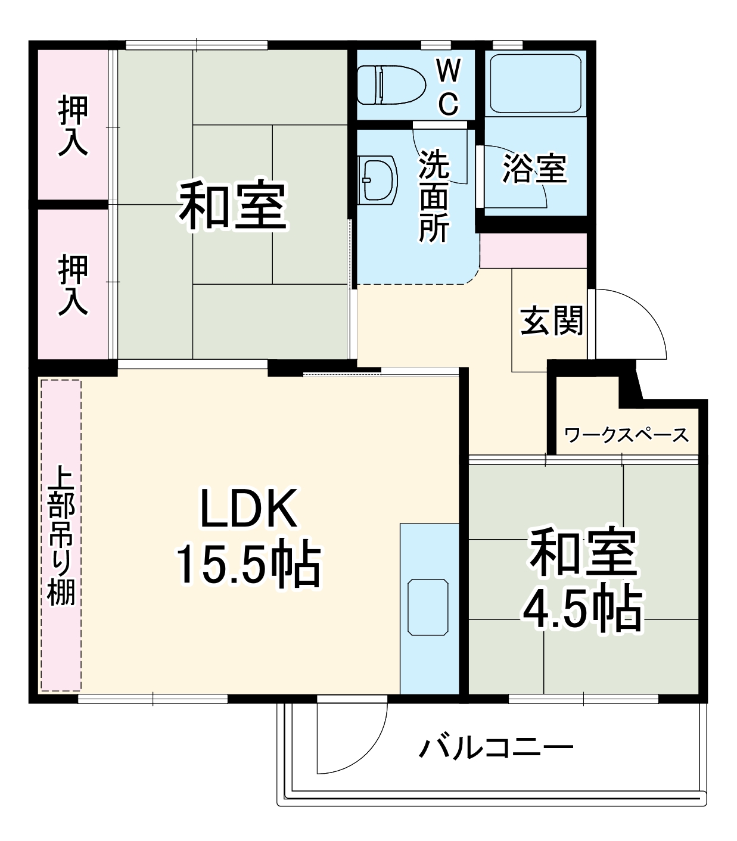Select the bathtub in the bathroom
(535, 83)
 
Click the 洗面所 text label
(434, 196)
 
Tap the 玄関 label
(551, 321)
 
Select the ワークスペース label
(626, 435)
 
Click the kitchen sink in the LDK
(428, 607)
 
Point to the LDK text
(248, 509)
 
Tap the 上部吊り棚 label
(61, 535)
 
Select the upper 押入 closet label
(73, 126)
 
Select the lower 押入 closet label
(73, 285)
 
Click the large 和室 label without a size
(234, 205)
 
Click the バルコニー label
(496, 747)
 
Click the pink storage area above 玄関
(533, 251)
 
